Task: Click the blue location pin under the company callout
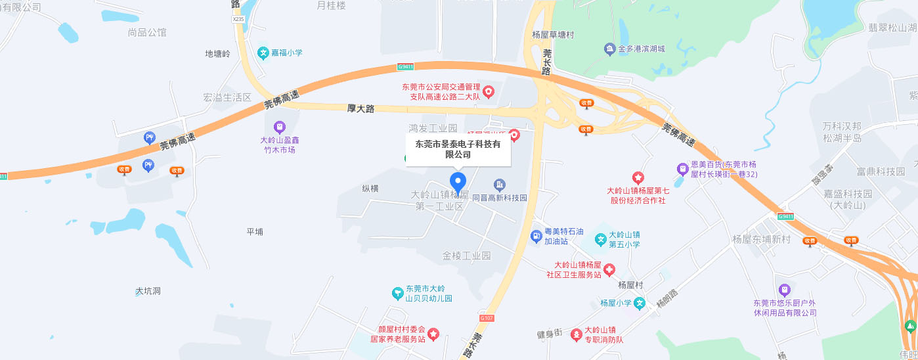tap(458, 182)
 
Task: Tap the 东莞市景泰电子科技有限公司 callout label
tap(458, 149)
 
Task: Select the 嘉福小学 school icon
tap(263, 53)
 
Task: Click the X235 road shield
tap(238, 20)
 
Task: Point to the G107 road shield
tap(486, 318)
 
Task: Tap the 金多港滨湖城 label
tap(642, 49)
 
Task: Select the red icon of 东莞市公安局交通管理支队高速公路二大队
tap(489, 93)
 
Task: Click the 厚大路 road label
tap(361, 108)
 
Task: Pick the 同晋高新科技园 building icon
tap(500, 185)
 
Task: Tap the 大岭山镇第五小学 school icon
tap(600, 239)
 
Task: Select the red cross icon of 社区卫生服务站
tap(609, 269)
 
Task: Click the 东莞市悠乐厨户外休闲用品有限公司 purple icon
tap(783, 290)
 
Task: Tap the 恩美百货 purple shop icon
tap(682, 169)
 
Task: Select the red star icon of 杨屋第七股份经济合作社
tap(637, 177)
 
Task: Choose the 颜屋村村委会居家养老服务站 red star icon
tap(433, 335)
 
